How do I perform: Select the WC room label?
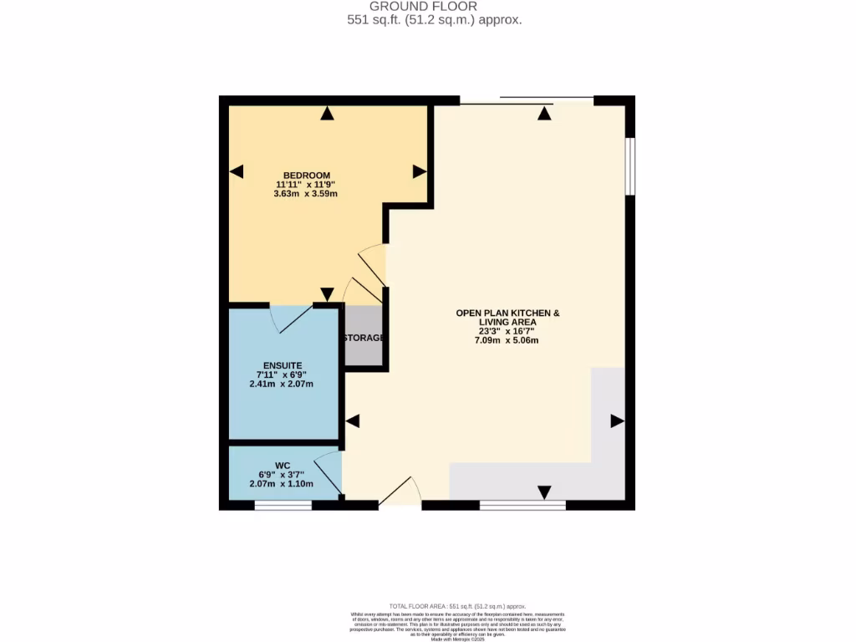coord(282,465)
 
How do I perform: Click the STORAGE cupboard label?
coord(364,339)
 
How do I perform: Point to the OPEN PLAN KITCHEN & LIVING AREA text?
coord(507,318)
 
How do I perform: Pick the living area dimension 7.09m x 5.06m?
coord(507,340)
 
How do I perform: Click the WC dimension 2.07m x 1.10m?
coord(281,484)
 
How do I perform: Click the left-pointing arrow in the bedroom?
coord(237,171)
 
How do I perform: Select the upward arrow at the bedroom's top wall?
coord(327,114)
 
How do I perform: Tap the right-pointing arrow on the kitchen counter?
coord(617,420)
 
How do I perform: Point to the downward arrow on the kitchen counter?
coord(545,492)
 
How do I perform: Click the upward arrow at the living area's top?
coord(545,115)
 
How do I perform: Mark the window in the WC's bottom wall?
coord(283,505)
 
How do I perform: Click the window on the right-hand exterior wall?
coord(630,166)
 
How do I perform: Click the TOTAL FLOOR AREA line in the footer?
coord(457,606)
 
